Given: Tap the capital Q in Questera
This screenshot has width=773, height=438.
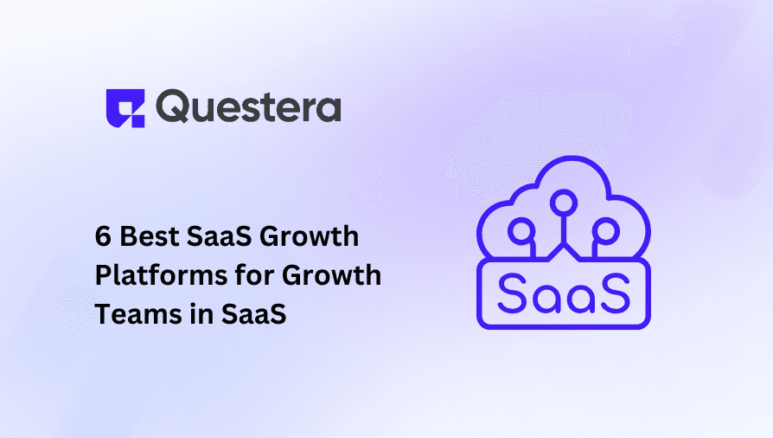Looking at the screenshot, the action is (173, 106).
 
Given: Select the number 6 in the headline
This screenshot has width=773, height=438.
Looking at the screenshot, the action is (103, 236).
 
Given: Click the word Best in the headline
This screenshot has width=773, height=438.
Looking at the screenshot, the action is (150, 236).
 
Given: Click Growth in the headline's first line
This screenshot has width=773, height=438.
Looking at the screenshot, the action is (310, 236).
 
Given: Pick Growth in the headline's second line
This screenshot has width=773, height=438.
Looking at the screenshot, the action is (332, 274).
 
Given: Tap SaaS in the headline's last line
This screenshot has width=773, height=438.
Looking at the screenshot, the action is (254, 314).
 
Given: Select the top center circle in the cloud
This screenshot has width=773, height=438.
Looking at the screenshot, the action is (564, 203).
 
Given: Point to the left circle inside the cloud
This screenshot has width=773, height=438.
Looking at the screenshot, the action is (521, 230).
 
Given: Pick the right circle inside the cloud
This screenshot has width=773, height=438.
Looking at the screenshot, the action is (606, 230).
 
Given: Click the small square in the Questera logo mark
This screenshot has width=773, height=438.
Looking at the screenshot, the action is (137, 121).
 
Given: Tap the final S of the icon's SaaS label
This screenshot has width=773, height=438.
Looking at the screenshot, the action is (615, 293).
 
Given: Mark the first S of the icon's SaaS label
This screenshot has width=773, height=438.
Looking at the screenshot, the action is (514, 293).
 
